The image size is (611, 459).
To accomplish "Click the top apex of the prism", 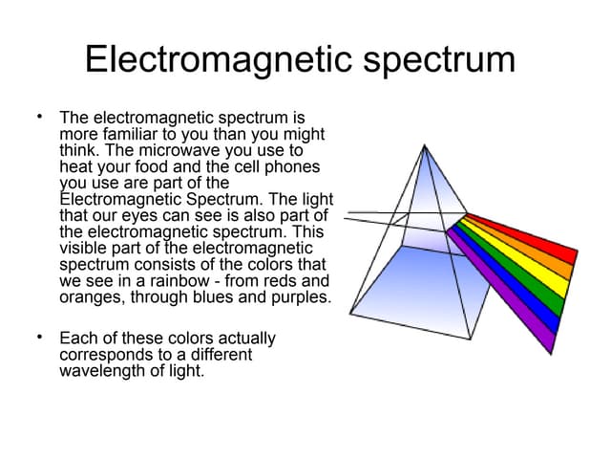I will point(424,145).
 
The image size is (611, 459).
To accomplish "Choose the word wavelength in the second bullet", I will point(101,371).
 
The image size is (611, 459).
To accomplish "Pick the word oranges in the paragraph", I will point(90,297).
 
